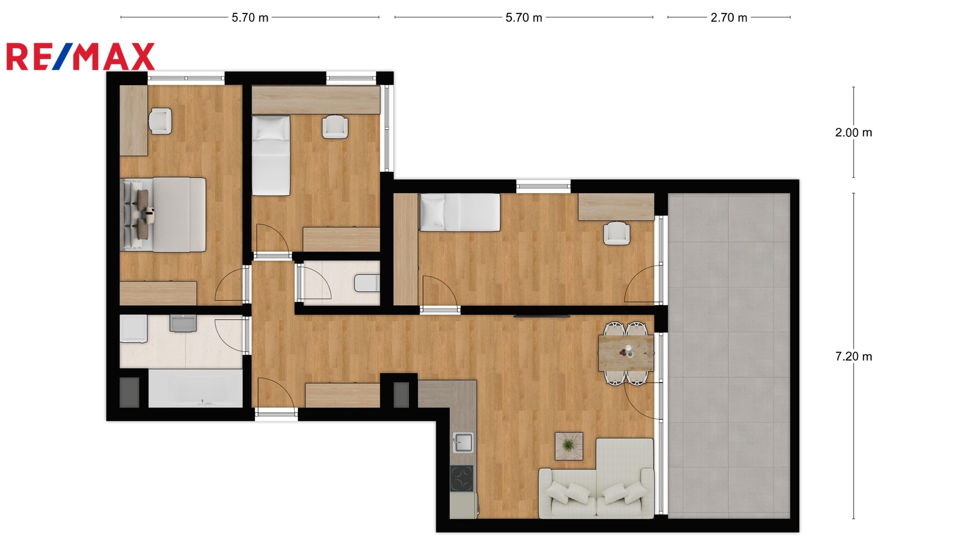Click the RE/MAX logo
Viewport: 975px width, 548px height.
click(80, 57)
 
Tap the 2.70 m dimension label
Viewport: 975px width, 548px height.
click(729, 18)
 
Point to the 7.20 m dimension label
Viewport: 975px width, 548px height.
click(854, 357)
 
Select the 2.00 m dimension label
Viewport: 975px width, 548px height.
click(854, 133)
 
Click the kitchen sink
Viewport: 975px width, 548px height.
click(463, 443)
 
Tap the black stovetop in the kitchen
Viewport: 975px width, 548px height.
click(462, 479)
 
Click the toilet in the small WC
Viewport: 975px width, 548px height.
click(367, 283)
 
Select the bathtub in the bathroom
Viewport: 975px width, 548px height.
click(196, 388)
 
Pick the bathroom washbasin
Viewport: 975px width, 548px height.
click(183, 323)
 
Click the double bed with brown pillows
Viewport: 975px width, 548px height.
click(163, 214)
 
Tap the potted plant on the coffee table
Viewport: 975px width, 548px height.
click(568, 445)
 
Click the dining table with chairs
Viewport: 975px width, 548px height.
click(626, 353)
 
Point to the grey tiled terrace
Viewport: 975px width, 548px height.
click(729, 356)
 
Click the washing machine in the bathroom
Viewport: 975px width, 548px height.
click(133, 329)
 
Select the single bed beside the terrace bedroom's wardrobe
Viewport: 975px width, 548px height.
click(459, 213)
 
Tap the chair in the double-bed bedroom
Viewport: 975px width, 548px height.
click(160, 121)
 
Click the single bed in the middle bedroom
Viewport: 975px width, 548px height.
click(271, 155)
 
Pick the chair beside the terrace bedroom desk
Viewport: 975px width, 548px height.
click(616, 234)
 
